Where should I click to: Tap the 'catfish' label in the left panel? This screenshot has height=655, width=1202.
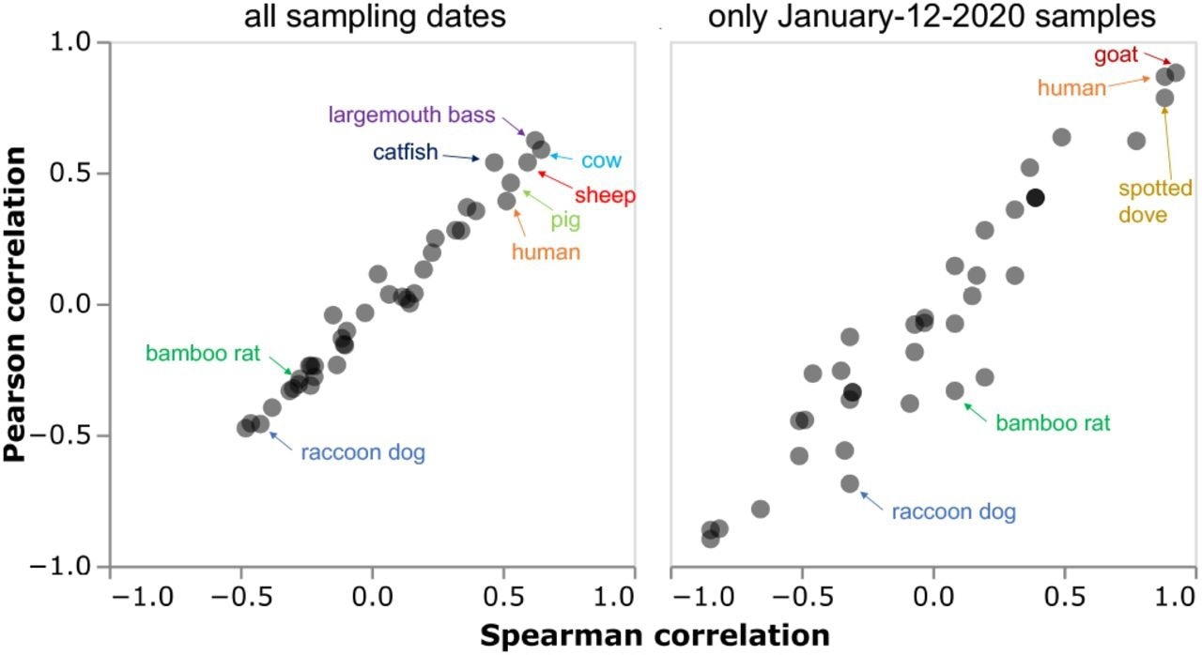click(x=405, y=152)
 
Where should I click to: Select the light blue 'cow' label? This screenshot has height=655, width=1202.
click(x=601, y=160)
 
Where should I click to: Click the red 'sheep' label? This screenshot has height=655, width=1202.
click(x=605, y=195)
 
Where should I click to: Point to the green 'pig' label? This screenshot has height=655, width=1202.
click(x=565, y=221)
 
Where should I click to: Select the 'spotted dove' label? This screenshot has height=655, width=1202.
click(x=1143, y=201)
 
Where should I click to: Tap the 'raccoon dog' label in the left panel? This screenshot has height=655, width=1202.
click(x=362, y=452)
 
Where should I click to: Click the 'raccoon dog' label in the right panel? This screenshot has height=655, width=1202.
click(x=953, y=512)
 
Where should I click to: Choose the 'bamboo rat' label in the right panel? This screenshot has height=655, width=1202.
click(x=1053, y=423)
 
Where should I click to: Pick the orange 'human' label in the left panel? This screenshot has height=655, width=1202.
click(x=546, y=251)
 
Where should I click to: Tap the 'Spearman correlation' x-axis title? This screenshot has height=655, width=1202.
click(x=655, y=635)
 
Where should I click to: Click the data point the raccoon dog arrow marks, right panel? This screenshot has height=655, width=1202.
click(x=850, y=484)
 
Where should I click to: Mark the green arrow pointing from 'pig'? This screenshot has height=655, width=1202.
click(x=532, y=197)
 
